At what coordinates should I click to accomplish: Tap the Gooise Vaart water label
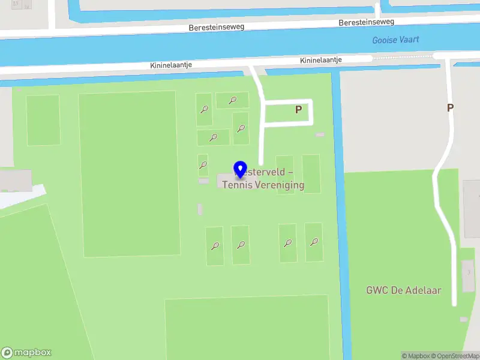click(395, 40)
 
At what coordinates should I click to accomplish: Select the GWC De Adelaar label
click(404, 290)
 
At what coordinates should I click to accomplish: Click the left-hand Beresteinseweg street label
click(217, 28)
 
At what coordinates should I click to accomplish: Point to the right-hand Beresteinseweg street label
click(366, 22)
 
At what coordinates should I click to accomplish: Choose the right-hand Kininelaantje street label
click(321, 61)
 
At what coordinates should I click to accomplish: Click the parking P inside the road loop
click(298, 110)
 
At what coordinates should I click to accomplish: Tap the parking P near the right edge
click(450, 108)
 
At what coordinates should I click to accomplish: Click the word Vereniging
click(280, 185)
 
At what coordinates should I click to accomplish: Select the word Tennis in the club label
click(237, 185)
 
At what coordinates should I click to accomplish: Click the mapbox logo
click(26, 352)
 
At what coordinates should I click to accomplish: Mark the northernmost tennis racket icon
click(232, 100)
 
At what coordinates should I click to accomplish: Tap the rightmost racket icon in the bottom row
click(314, 242)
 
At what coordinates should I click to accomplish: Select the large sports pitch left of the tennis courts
click(129, 174)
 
